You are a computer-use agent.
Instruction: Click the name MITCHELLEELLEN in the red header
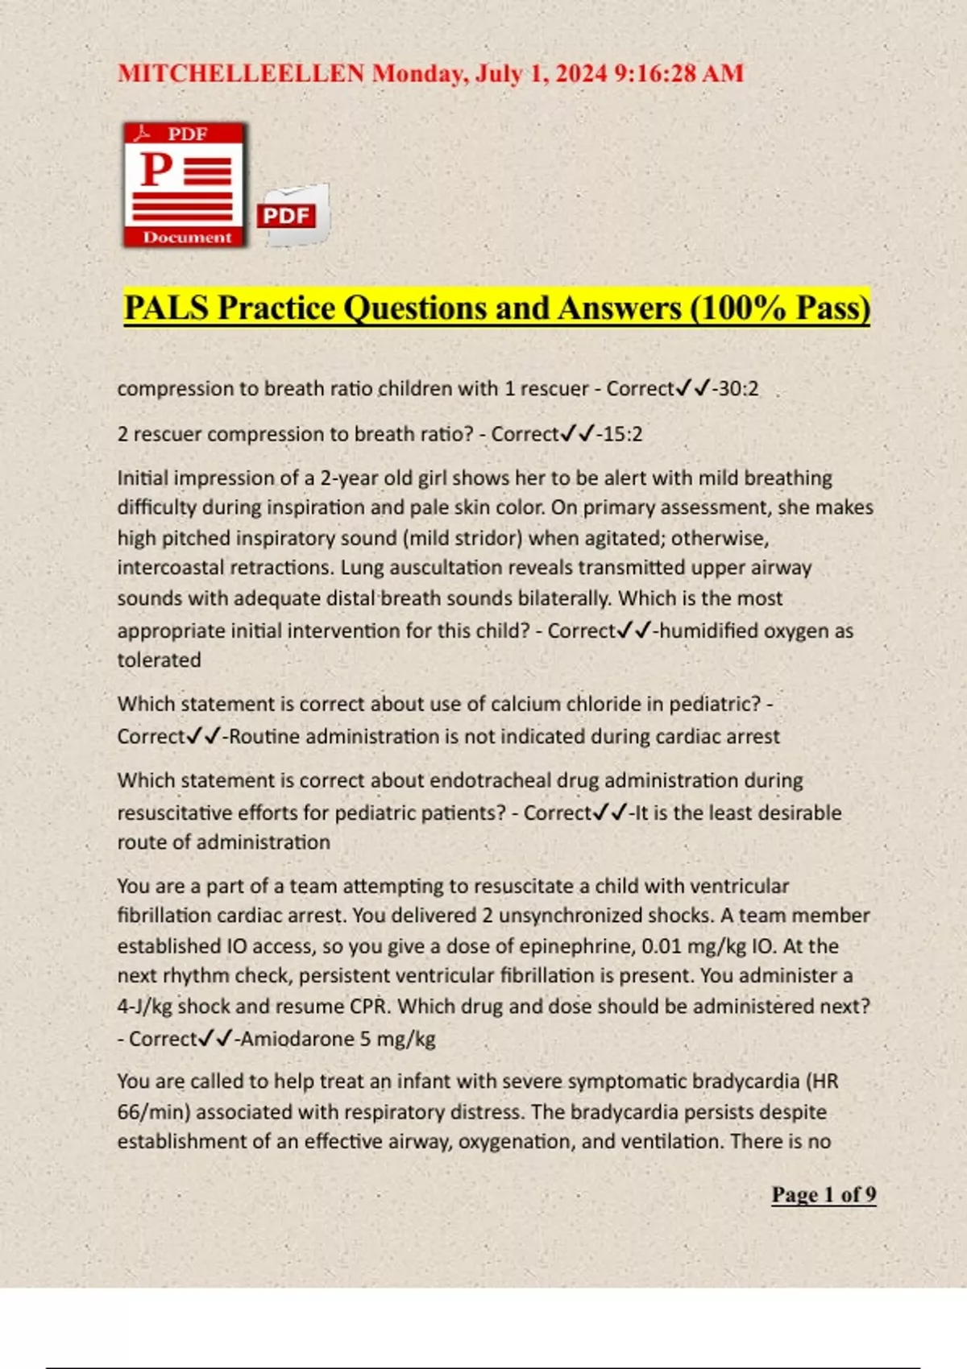[241, 73]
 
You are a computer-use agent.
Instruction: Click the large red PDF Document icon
[185, 184]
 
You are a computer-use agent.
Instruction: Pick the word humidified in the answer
[708, 631]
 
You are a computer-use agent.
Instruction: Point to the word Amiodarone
[297, 1039]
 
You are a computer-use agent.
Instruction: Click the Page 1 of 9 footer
[824, 1194]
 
